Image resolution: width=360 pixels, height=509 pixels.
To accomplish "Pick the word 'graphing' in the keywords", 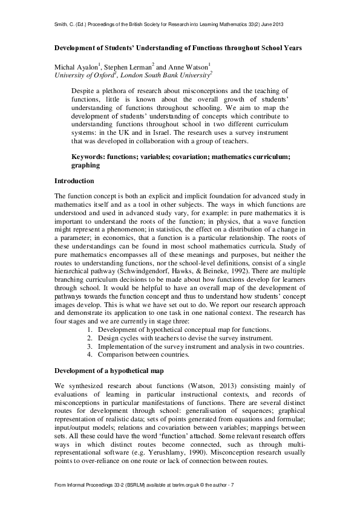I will [x=85, y=164].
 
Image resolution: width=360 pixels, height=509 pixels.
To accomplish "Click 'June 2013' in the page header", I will [x=271, y=24].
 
